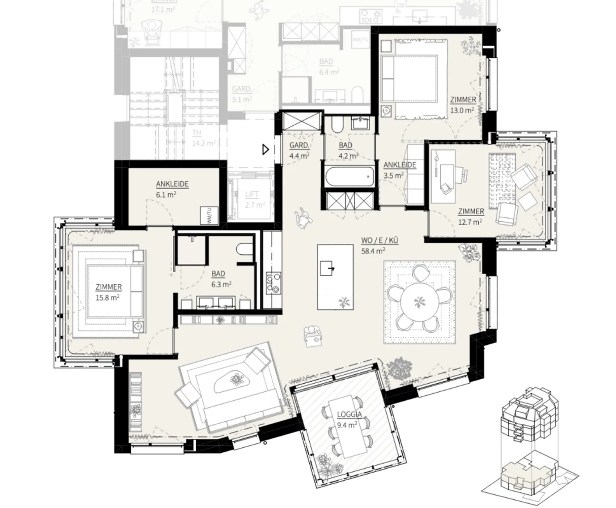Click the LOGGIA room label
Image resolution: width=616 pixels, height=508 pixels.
coord(349,414)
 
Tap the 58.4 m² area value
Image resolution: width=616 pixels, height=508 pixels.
coord(373,251)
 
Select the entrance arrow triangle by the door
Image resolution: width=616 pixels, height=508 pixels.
coord(266,150)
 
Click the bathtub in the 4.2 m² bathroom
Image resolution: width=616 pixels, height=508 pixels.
coord(350,176)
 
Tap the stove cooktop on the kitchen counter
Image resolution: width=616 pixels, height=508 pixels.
coord(272,282)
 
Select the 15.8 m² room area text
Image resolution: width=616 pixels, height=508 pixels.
coord(107,297)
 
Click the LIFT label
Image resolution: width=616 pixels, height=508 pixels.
coord(252,194)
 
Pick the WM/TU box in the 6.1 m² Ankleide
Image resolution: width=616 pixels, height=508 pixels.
coord(210,215)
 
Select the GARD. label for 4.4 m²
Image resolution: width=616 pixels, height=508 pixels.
coord(299,145)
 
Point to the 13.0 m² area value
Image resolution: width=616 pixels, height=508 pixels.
coord(462,110)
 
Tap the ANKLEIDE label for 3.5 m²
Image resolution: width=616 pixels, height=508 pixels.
coord(400,165)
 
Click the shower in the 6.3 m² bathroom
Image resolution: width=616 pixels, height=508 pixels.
coord(191,250)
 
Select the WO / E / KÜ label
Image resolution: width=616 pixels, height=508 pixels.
coord(379,241)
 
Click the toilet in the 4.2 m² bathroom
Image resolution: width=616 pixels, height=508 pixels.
coord(337,124)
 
